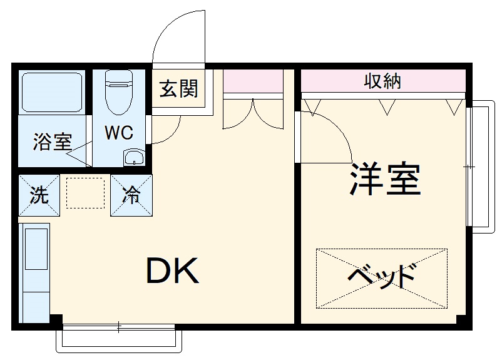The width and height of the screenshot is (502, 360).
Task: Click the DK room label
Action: tap(173, 270)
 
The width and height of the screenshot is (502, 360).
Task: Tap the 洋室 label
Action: tap(384, 179)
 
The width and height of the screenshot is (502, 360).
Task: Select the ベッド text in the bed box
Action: tap(381, 276)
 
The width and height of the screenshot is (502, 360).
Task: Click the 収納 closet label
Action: tap(382, 81)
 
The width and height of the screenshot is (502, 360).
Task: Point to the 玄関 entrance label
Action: tap(178, 89)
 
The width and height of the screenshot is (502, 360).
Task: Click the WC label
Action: tap(118, 132)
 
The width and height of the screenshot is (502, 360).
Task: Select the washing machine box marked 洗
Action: tap(39, 195)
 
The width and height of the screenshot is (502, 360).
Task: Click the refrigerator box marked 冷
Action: tap(131, 195)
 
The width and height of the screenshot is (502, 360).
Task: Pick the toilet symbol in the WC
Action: tap(118, 91)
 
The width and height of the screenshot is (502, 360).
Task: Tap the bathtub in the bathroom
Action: tap(52, 93)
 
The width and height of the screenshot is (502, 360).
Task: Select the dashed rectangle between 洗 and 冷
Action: tap(85, 192)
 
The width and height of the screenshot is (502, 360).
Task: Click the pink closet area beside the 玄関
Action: tap(253, 81)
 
